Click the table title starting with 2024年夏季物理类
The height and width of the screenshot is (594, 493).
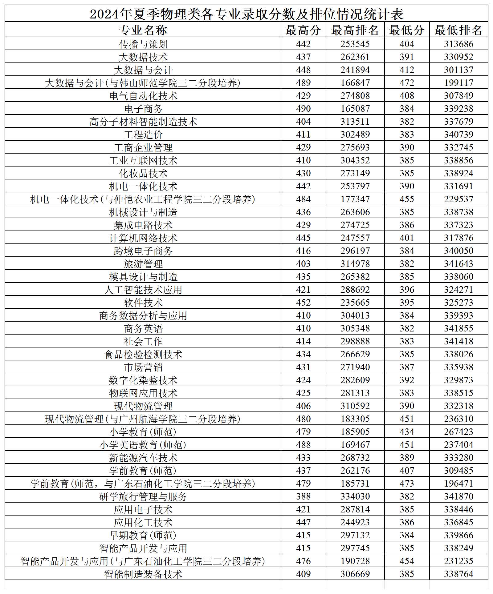pyautogui.click(x=246, y=14)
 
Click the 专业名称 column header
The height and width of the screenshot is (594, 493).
pyautogui.click(x=143, y=30)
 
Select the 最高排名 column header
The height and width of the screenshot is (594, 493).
pyautogui.click(x=355, y=30)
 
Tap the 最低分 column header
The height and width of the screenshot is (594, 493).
pyautogui.click(x=407, y=30)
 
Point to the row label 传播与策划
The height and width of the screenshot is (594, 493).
pyautogui.click(x=143, y=44)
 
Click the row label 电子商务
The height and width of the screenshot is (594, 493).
pyautogui.click(x=143, y=109)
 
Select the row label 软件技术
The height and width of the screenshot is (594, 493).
pyautogui.click(x=143, y=303)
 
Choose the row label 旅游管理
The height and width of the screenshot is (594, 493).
pyautogui.click(x=143, y=264)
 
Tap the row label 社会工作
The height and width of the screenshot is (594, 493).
pyautogui.click(x=143, y=341)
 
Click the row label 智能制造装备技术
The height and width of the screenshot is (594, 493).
pyautogui.click(x=143, y=574)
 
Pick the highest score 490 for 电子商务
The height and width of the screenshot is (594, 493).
pyautogui.click(x=303, y=109)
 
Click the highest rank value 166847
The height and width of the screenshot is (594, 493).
pyautogui.click(x=355, y=83)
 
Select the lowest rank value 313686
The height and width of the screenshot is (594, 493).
pyautogui.click(x=458, y=44)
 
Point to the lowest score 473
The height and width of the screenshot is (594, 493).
pyautogui.click(x=407, y=484)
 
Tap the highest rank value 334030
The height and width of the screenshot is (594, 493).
pyautogui.click(x=355, y=496)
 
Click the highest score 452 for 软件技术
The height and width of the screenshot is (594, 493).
pyautogui.click(x=303, y=303)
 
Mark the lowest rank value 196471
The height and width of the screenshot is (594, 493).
pyautogui.click(x=458, y=484)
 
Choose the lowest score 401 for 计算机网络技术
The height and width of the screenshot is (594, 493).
pyautogui.click(x=407, y=238)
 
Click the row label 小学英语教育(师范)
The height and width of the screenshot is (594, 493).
pyautogui.click(x=143, y=445)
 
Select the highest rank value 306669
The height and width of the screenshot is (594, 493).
pyautogui.click(x=355, y=574)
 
